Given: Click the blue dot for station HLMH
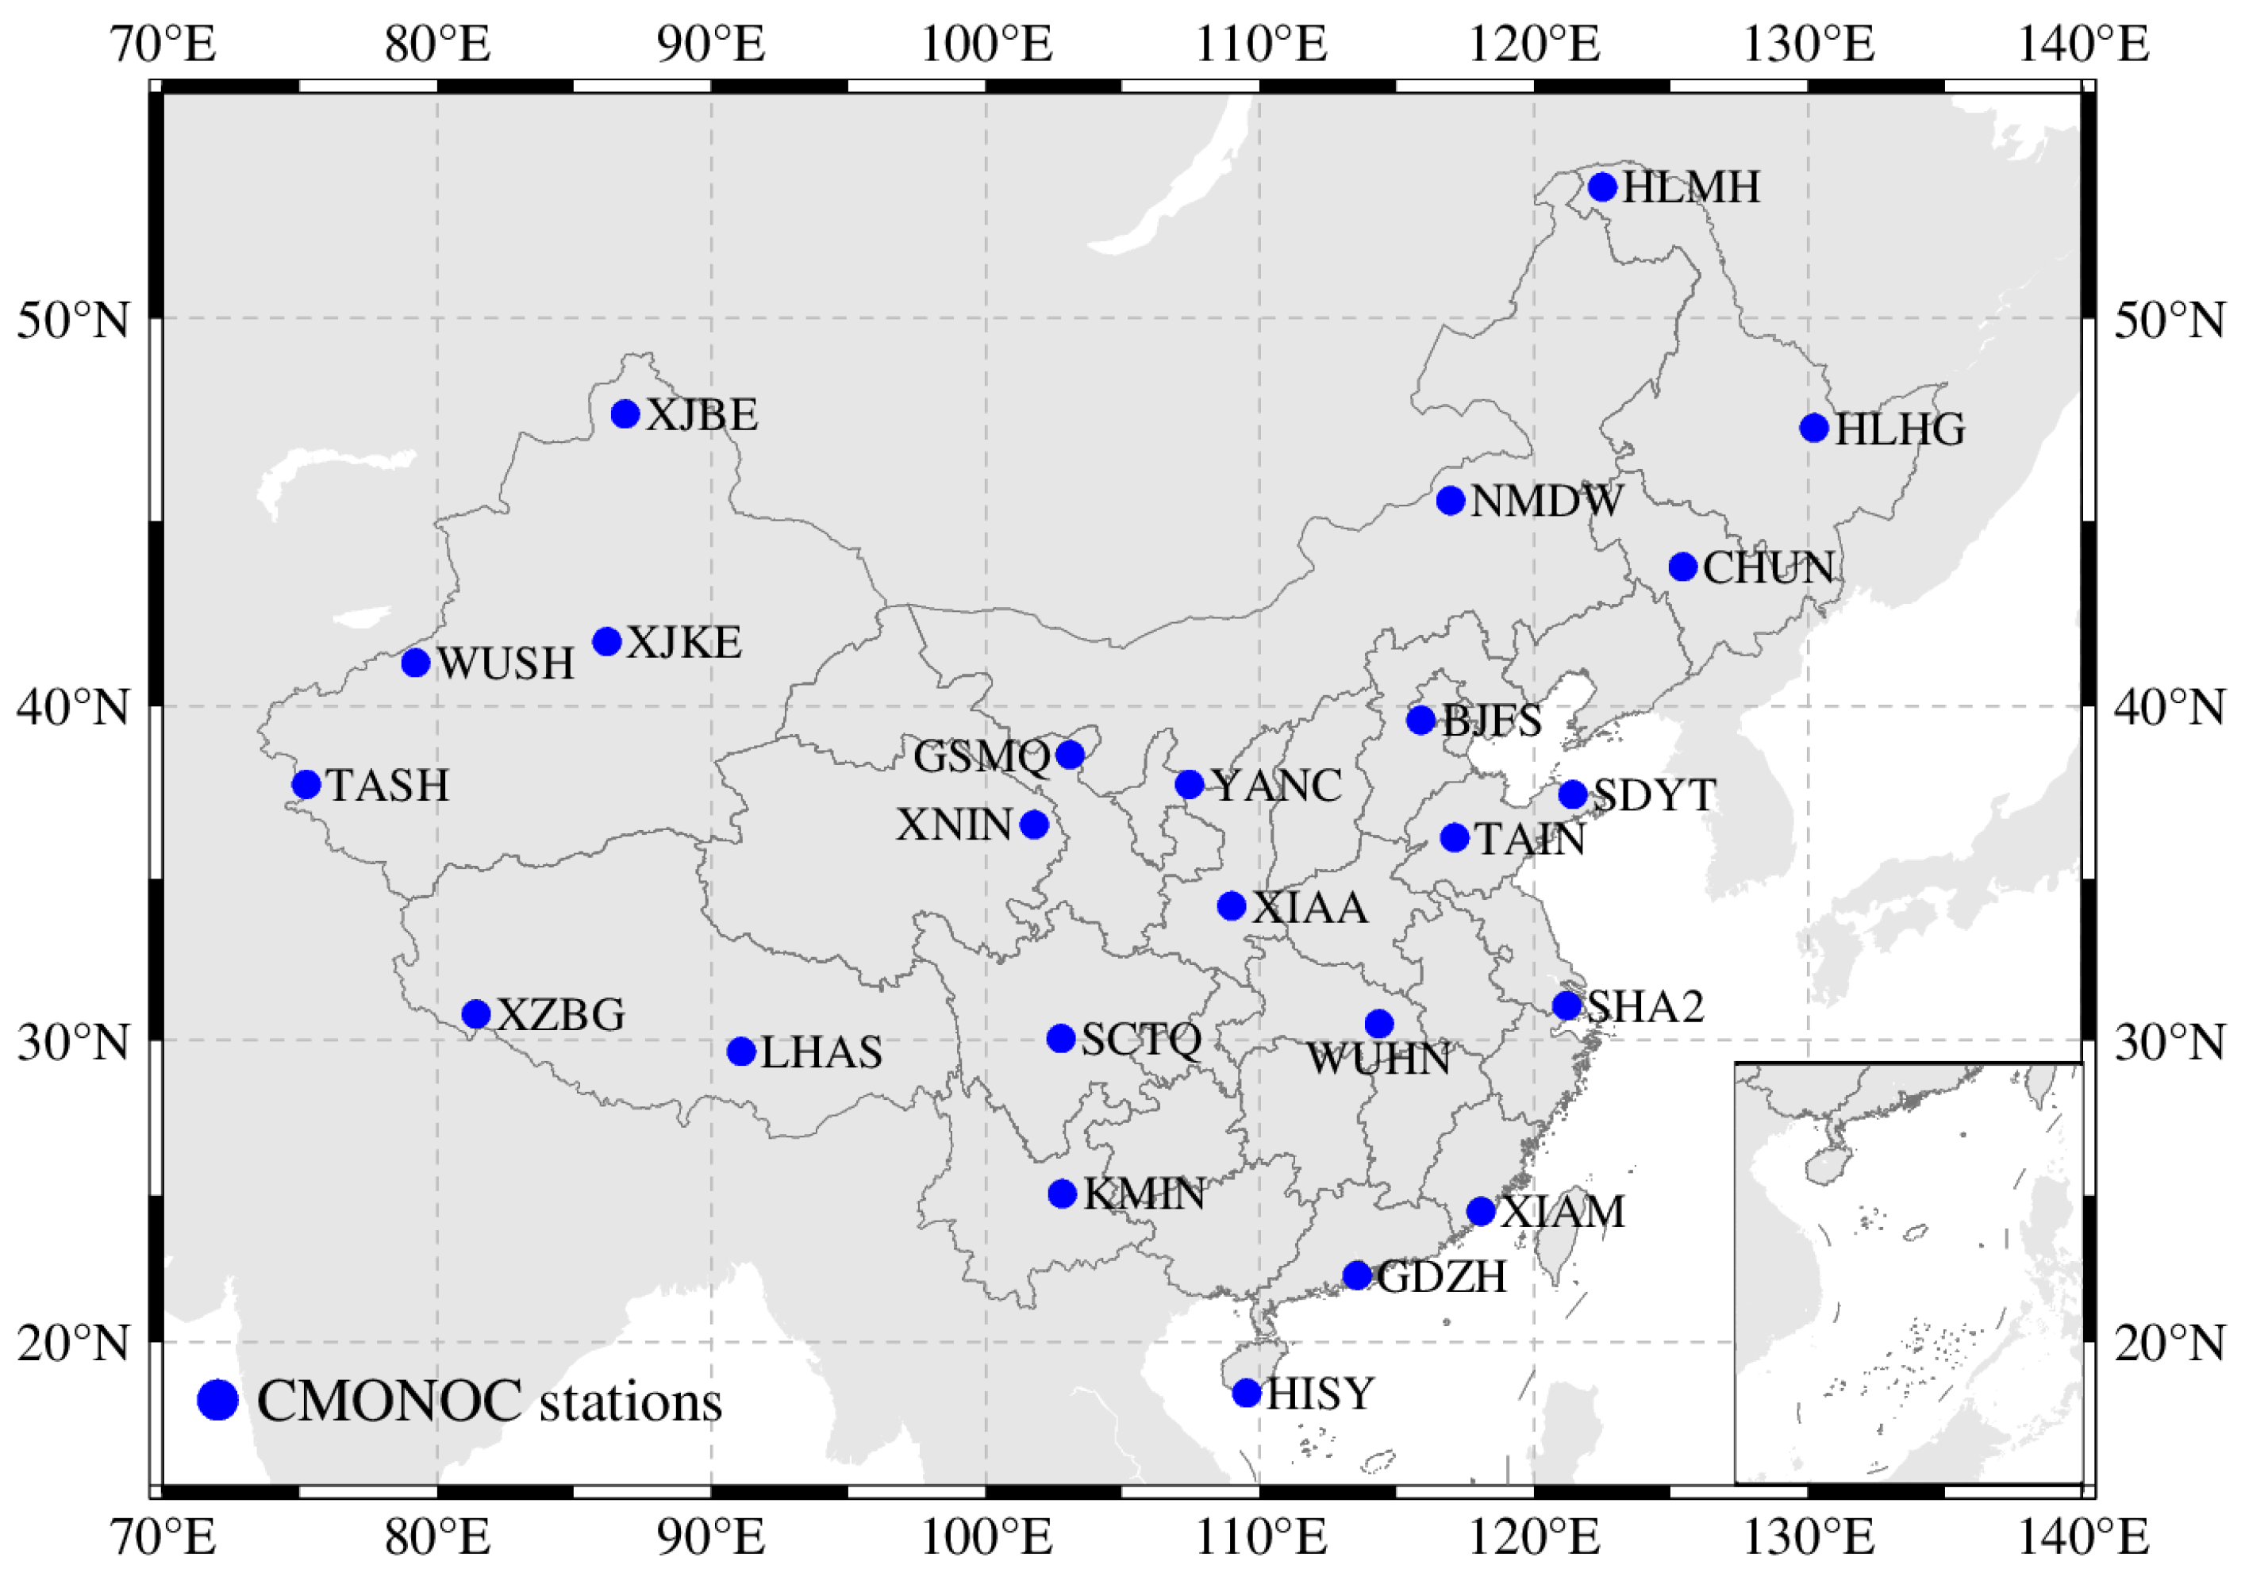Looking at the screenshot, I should (x=1601, y=186).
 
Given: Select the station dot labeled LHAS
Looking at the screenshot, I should (x=741, y=1052).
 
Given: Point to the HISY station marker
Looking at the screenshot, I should (x=1247, y=1393).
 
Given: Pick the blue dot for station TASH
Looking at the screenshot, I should (x=307, y=784).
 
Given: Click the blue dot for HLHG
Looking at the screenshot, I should (x=1814, y=427).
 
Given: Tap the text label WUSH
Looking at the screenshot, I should (x=506, y=664).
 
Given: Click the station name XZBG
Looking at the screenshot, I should (x=561, y=1015).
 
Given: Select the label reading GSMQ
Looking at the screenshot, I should (x=982, y=756).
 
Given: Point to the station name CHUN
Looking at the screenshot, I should (x=1768, y=568).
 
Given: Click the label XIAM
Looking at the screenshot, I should (x=1563, y=1213).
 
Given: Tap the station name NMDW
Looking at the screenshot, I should (x=1546, y=502).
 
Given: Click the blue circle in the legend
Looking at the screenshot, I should (x=218, y=1400).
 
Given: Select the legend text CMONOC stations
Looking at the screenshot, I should (x=489, y=1402).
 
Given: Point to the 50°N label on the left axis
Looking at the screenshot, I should (x=73, y=320).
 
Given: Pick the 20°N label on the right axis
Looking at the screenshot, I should (x=2170, y=1344).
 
